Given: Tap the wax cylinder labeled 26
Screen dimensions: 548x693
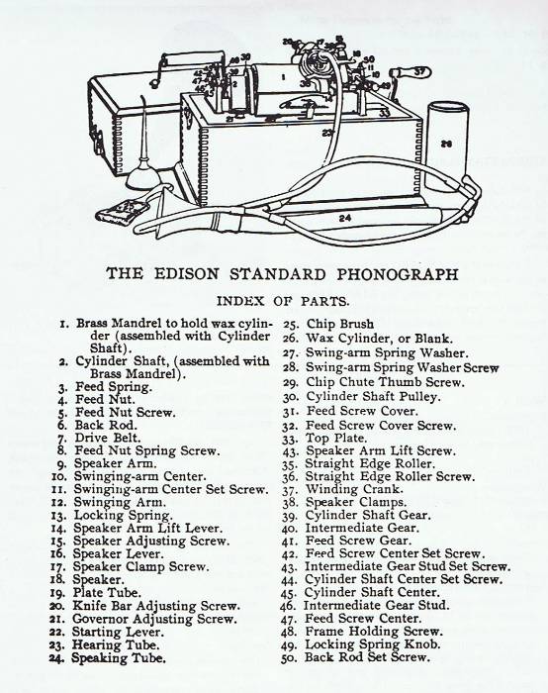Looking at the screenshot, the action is coord(446,147).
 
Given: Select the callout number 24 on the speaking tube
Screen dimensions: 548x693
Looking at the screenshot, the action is coord(345,218).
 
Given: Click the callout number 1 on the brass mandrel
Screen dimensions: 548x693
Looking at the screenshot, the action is coord(283,77).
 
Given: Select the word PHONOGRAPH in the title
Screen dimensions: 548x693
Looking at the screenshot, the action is coord(398,274).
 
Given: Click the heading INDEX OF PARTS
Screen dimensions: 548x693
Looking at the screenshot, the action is coord(283,301).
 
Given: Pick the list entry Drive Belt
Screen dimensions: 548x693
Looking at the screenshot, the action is coord(107,438).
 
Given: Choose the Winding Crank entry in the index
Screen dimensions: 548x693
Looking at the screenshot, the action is coord(354,489).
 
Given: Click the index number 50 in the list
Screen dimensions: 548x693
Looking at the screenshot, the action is coord(288,658).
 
